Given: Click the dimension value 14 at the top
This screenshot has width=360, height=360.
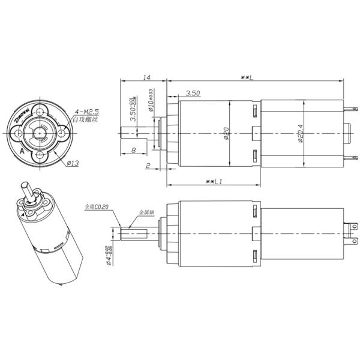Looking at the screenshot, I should click(146, 77).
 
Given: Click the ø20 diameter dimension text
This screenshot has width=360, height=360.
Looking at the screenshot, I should click(227, 134).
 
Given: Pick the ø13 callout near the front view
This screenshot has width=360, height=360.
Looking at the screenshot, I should click(74, 163).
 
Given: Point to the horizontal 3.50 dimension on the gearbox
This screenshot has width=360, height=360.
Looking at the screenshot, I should click(193, 94).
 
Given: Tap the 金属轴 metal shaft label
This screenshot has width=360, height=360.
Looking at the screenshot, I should click(146, 212).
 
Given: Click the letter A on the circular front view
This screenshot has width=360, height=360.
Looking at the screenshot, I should click(22, 152).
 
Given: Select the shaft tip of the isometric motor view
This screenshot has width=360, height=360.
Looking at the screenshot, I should click(25, 187).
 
